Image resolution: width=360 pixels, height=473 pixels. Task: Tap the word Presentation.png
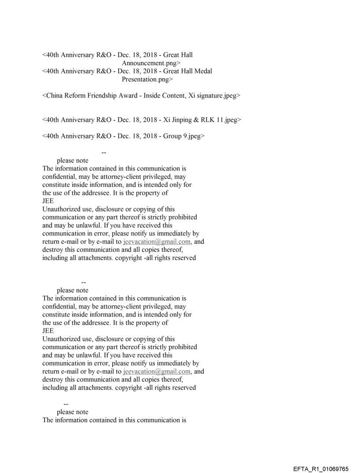(x=147, y=79)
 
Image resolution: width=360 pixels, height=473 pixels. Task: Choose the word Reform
(x=81, y=96)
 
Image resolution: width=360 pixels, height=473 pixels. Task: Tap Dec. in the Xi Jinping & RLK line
(x=124, y=120)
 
